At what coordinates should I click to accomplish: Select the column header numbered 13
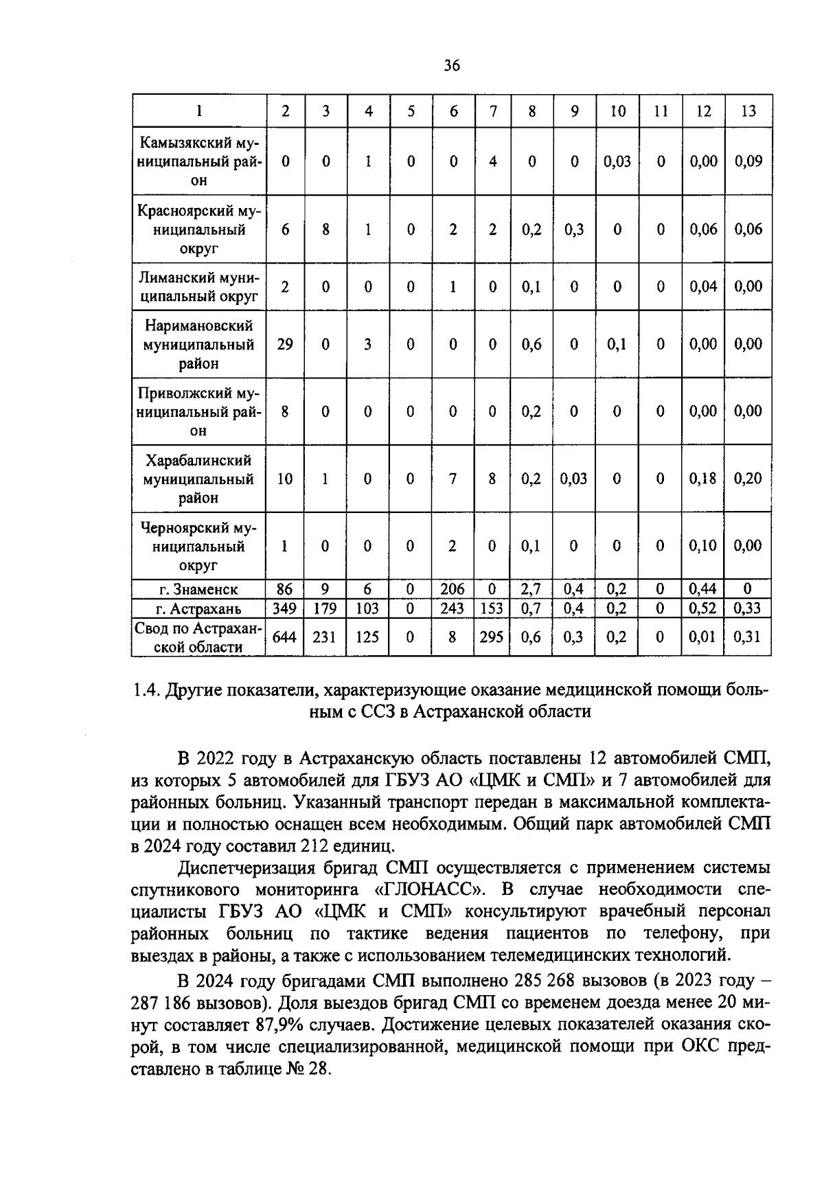click(x=748, y=111)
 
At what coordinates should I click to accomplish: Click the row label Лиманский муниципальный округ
click(x=198, y=287)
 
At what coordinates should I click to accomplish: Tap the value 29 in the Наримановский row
click(x=284, y=344)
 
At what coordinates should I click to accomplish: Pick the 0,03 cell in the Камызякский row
click(x=617, y=161)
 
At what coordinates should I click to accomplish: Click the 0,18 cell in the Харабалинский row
click(x=703, y=479)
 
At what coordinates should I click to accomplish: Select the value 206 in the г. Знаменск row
click(x=453, y=589)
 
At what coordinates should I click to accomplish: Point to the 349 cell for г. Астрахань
click(x=284, y=608)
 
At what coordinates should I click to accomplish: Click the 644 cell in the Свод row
click(x=284, y=637)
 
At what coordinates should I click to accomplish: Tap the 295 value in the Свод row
click(x=492, y=637)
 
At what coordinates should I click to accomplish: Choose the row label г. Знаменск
click(x=198, y=589)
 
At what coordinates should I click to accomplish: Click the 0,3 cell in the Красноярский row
click(x=574, y=229)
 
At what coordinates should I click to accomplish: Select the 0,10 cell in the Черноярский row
click(x=703, y=546)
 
